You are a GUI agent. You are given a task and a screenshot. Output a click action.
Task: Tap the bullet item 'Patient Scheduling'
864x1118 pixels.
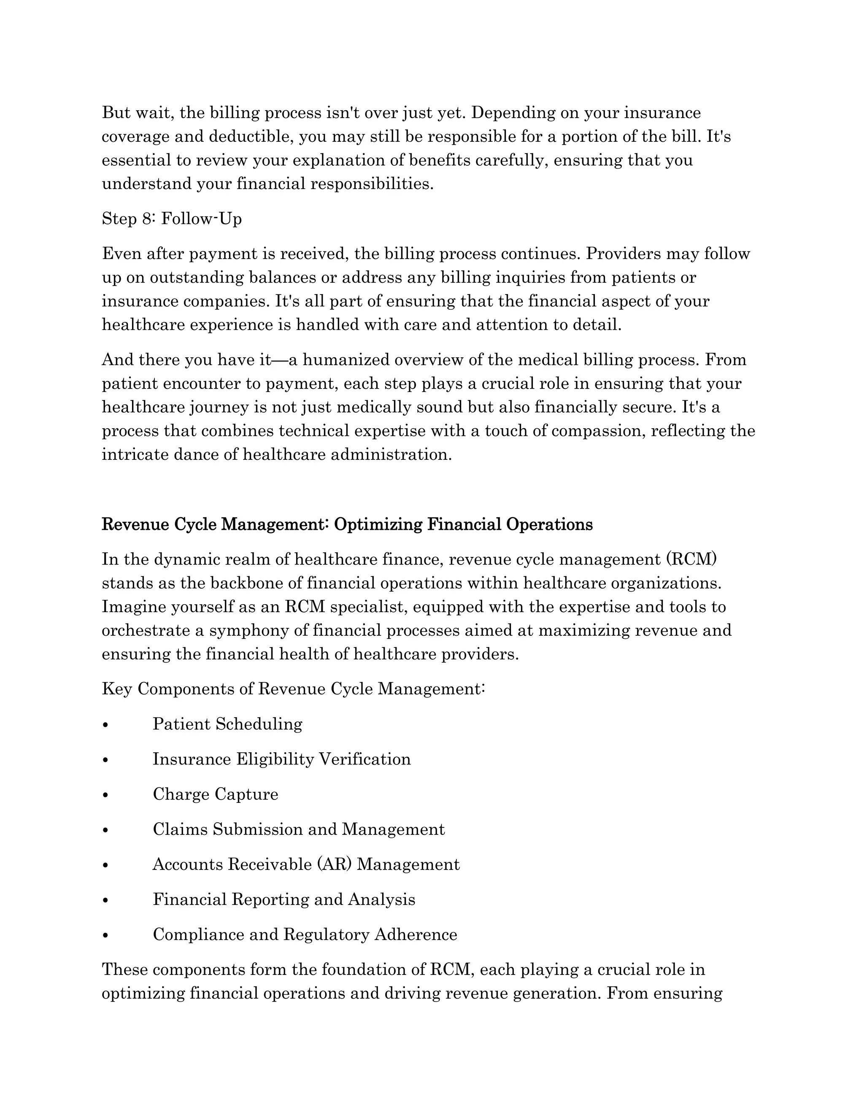[x=227, y=724]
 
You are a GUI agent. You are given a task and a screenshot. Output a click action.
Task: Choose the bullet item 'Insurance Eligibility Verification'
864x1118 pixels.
[x=281, y=759]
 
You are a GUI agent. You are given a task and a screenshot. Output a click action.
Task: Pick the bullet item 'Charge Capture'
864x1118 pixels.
[x=216, y=794]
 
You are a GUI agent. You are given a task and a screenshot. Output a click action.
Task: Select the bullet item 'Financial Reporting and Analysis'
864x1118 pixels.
[x=284, y=899]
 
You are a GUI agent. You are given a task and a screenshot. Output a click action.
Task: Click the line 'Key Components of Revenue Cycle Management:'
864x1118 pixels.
[x=293, y=689]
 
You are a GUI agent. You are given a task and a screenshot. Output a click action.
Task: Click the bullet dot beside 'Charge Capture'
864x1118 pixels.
[x=105, y=795]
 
